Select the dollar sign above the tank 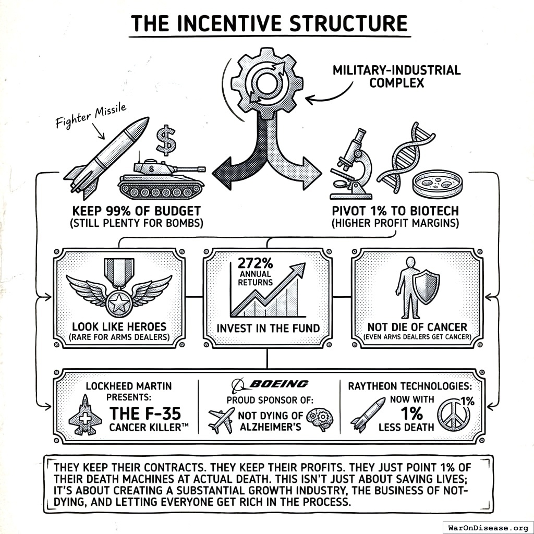tap(166, 139)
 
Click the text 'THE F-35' tap(145, 414)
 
